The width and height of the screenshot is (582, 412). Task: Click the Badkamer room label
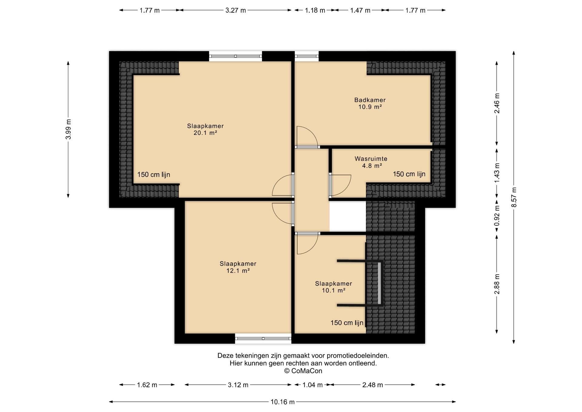[370, 100]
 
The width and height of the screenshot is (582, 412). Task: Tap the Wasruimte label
[371, 159]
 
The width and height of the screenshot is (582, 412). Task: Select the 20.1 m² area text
[206, 133]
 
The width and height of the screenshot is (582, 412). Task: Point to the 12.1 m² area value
[238, 271]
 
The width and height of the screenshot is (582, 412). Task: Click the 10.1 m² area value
[334, 290]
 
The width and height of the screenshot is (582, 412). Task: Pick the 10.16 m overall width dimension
[283, 402]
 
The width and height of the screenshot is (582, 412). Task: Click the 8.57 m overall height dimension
[514, 197]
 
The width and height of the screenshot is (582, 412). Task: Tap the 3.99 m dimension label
[68, 130]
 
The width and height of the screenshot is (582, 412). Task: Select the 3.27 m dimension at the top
[236, 10]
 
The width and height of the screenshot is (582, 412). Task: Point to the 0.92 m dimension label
[497, 216]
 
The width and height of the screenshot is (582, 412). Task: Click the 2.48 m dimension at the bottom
[373, 385]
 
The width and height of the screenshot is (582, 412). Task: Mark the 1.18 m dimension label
[315, 10]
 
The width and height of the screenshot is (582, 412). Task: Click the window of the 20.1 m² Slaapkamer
[236, 56]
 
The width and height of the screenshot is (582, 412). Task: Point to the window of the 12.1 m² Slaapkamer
[263, 338]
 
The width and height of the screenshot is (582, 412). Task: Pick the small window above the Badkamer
[307, 56]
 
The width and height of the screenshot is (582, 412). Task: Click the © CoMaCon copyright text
[303, 371]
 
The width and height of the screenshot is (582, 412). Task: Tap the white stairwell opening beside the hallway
[348, 216]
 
